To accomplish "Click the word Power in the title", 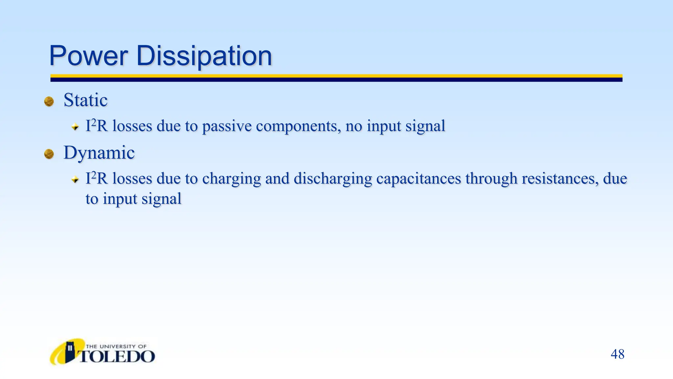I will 88,56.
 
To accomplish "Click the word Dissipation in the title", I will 204,56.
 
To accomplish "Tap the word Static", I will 85,100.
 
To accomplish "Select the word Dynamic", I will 99,153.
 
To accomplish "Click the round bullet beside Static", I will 49,101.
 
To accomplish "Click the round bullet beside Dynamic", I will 49,154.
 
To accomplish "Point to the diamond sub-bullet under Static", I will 75,127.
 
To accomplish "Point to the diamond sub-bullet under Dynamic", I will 75,179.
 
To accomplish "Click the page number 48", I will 617,354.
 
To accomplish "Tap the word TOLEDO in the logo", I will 117,357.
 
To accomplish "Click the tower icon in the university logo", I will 70,352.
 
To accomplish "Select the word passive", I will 227,126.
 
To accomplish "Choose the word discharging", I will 333,179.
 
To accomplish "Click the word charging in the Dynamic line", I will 231,179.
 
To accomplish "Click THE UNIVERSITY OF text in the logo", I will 116,346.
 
